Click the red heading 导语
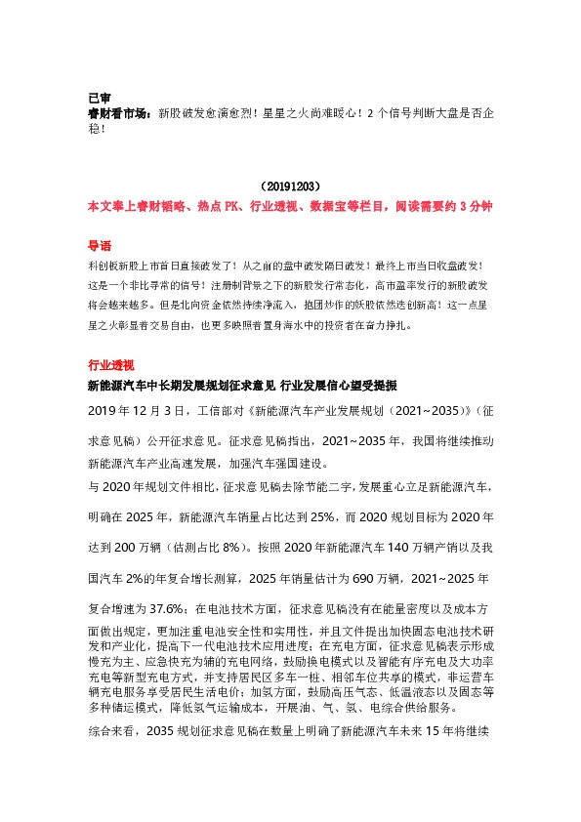click(100, 246)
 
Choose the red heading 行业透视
click(110, 364)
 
